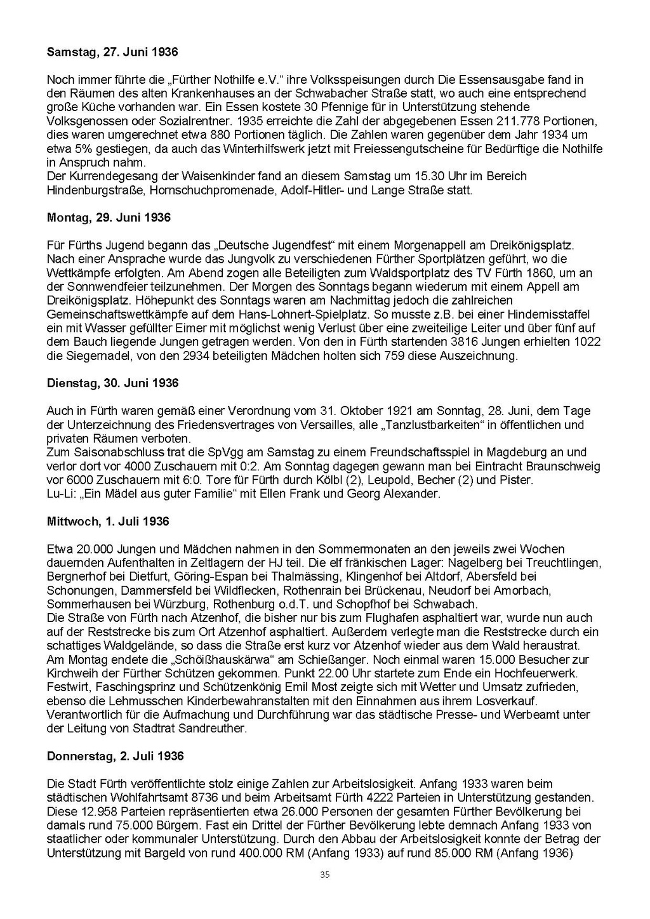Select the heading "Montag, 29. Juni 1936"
tap(109, 218)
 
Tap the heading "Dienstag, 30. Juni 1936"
tap(113, 383)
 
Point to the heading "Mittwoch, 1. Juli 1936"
tap(108, 522)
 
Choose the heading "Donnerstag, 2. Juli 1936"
tap(116, 756)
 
